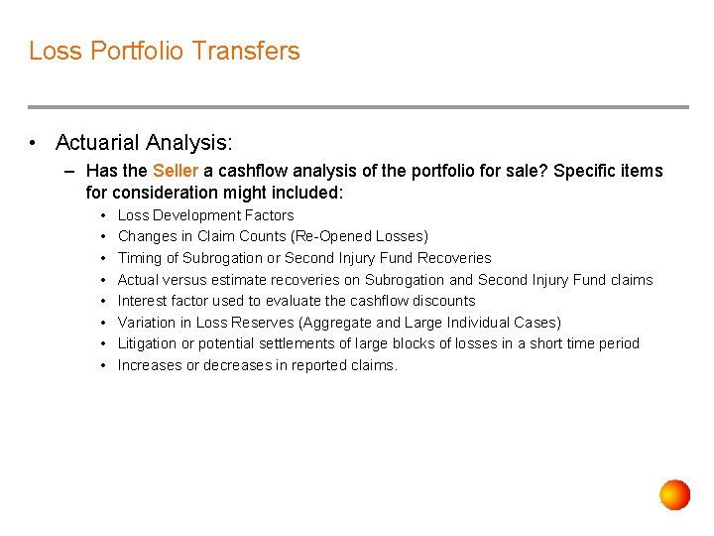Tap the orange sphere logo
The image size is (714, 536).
675,494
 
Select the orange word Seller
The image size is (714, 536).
176,171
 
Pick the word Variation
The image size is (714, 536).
147,323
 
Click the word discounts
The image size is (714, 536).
443,301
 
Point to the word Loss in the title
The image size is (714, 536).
54,51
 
